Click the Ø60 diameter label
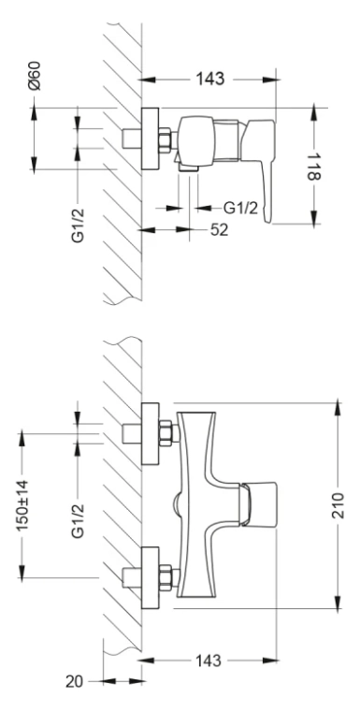[x=35, y=76]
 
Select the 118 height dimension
[x=313, y=166]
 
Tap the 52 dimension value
[x=219, y=229]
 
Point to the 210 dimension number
[x=338, y=504]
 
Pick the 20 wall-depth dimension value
[x=75, y=681]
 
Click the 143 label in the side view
[x=210, y=80]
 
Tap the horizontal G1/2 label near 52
[x=240, y=209]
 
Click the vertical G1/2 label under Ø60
[x=79, y=225]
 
